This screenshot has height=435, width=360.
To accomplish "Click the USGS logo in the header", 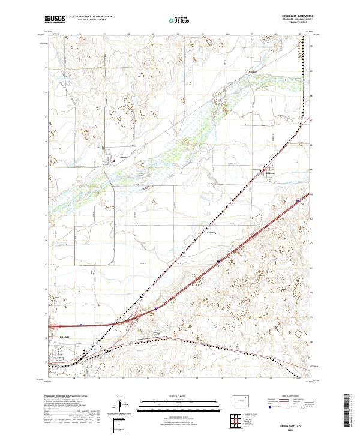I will pos(55,19).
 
